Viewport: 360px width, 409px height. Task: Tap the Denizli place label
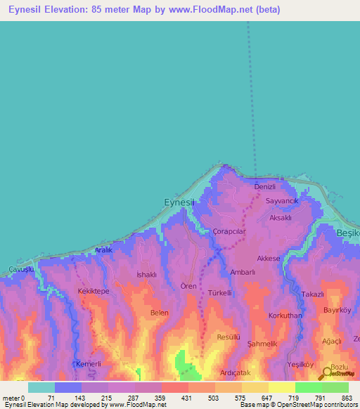tap(264, 186)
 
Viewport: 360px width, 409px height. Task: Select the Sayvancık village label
tap(282, 201)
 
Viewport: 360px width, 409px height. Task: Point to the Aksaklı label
tap(280, 218)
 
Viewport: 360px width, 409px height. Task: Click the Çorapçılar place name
tap(229, 231)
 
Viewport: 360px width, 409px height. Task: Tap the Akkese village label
tap(269, 259)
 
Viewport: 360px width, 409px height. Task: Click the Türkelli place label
tap(219, 292)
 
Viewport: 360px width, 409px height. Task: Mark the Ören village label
tap(188, 287)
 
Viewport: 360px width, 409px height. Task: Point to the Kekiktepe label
tap(91, 290)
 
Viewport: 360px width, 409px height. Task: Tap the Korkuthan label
tap(285, 316)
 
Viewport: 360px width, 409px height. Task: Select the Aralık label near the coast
tap(103, 250)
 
